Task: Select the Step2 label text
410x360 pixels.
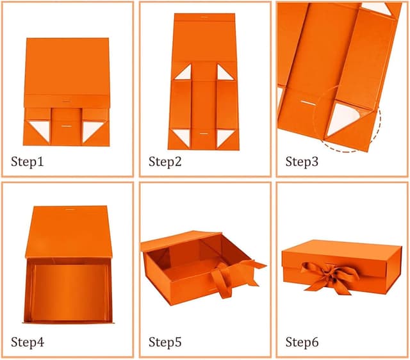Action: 165,161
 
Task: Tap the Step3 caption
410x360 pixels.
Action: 302,161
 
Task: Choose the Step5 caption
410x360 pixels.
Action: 165,342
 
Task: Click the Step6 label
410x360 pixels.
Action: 302,342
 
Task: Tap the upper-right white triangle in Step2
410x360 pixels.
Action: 225,74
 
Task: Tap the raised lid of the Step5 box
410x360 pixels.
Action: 181,240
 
